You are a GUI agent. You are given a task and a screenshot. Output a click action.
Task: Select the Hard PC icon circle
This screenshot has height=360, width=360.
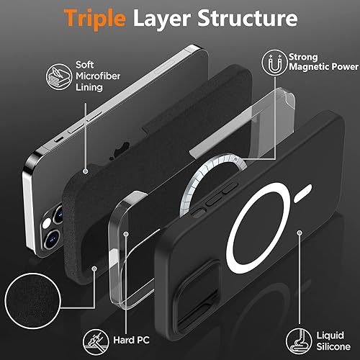coord(95,315)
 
